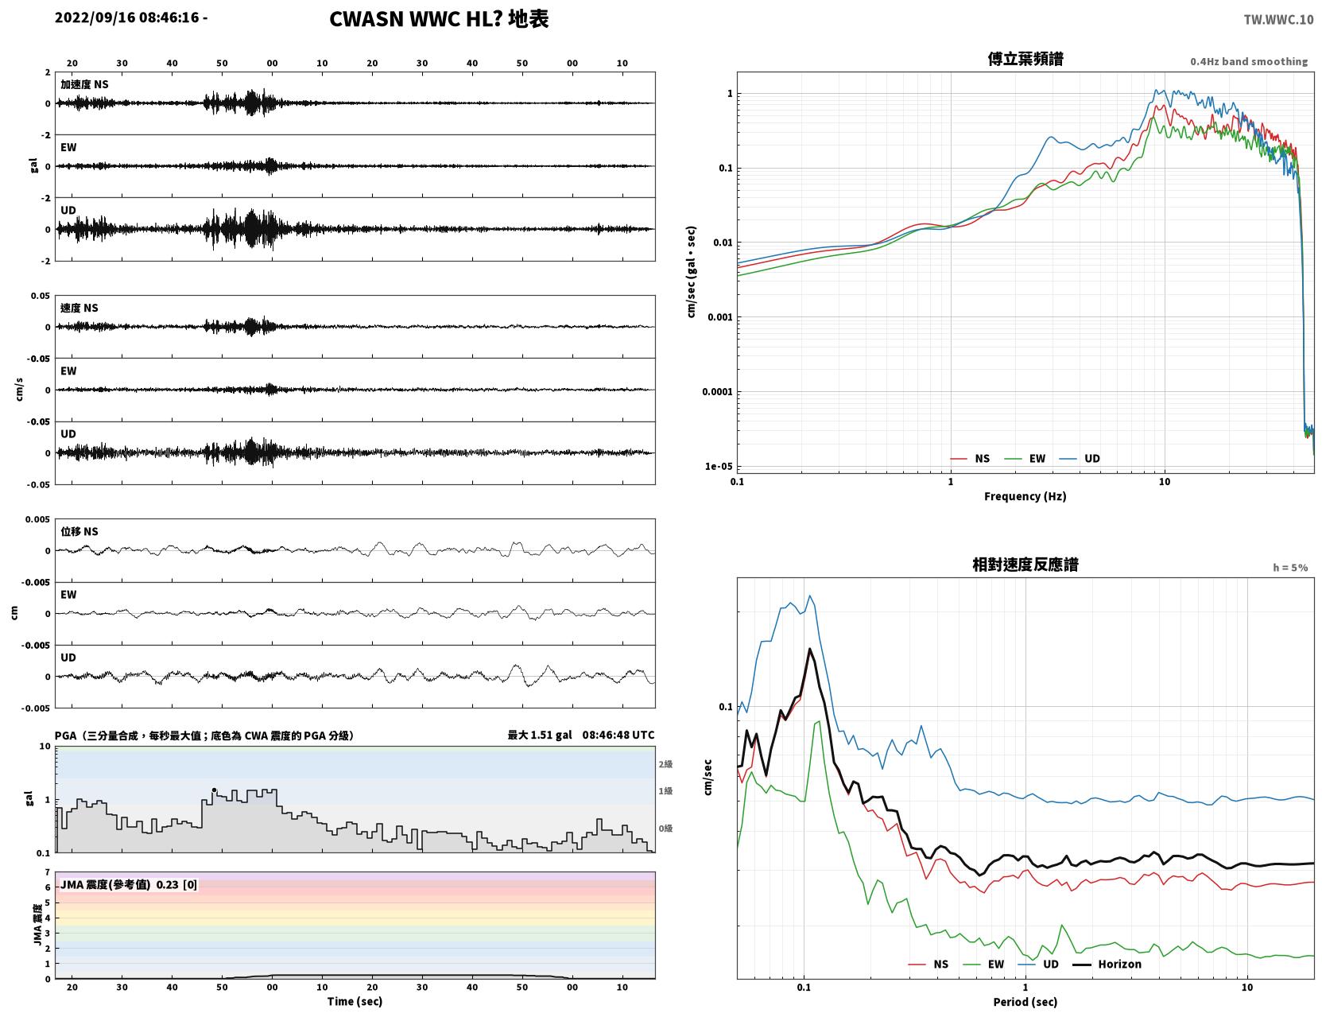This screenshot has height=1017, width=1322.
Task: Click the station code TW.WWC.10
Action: (x=1278, y=19)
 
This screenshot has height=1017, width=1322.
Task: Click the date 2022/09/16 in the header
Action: (x=95, y=17)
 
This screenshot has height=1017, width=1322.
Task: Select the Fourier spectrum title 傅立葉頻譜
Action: (x=1025, y=59)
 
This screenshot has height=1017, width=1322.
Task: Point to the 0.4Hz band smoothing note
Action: (x=1248, y=61)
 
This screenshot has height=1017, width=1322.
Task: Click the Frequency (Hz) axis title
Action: (x=1025, y=496)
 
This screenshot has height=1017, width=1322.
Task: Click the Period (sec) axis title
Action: (x=1025, y=1002)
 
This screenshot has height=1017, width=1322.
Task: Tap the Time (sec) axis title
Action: (x=355, y=1001)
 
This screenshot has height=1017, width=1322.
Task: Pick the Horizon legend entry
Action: (x=1107, y=964)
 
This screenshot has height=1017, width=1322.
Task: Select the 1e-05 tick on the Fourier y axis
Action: (x=719, y=467)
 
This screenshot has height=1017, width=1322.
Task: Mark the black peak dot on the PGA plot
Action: (x=214, y=790)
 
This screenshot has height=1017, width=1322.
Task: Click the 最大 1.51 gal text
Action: (x=540, y=735)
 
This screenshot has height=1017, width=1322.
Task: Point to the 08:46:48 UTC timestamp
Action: (x=618, y=735)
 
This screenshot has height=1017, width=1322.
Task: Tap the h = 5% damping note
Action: (x=1289, y=568)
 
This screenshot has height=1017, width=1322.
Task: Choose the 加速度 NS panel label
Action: (x=84, y=84)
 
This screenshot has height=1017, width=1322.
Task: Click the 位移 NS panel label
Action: (x=79, y=532)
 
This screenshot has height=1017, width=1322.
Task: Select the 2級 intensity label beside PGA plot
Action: (x=665, y=764)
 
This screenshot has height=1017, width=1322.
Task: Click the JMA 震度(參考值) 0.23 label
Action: (x=128, y=884)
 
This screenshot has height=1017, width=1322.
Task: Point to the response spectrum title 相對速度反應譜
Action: (x=1025, y=565)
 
